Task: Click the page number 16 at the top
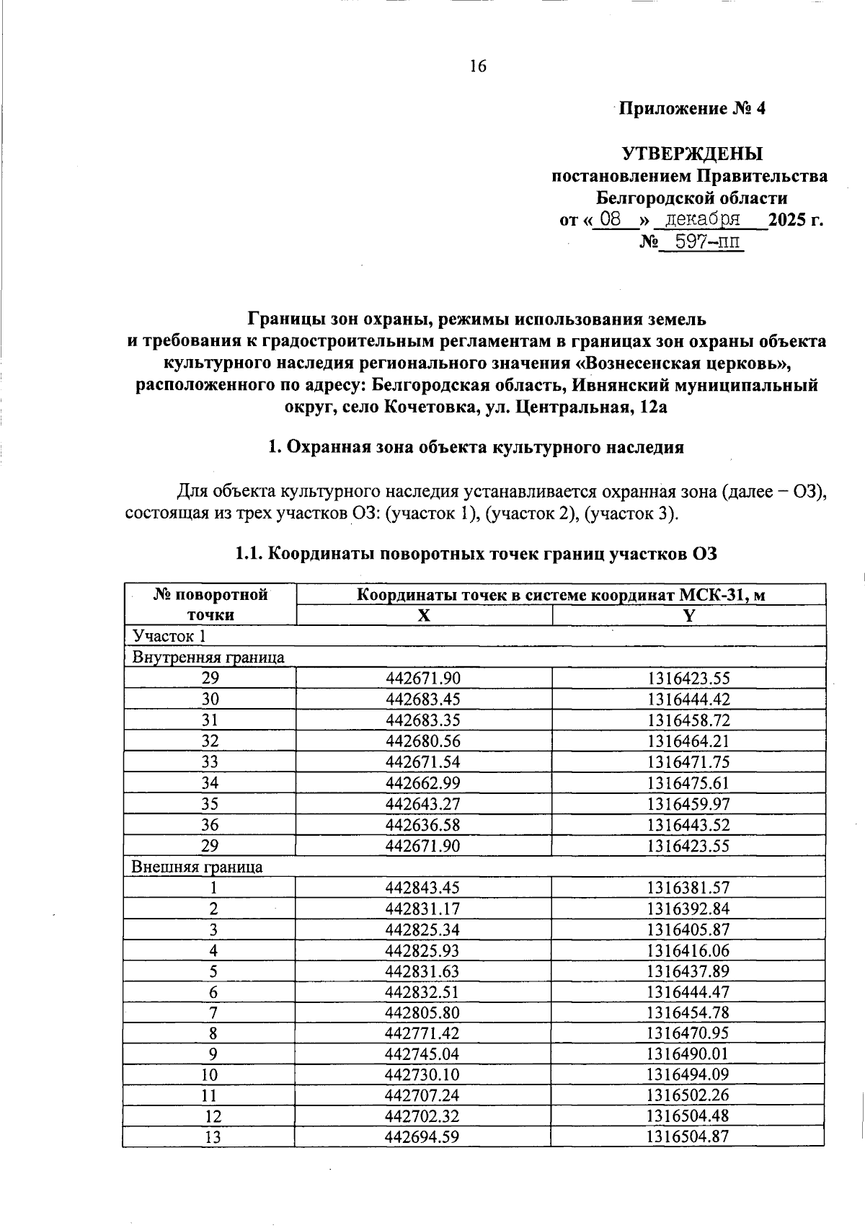(x=478, y=66)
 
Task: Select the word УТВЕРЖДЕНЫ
(x=692, y=154)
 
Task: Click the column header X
(x=425, y=616)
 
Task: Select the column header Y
(x=688, y=616)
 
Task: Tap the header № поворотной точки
(x=210, y=604)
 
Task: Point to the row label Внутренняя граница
(x=208, y=658)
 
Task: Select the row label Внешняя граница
(x=197, y=867)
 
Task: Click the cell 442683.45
(x=423, y=699)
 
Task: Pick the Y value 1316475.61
(x=688, y=783)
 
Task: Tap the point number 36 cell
(x=210, y=825)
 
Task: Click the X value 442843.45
(x=423, y=888)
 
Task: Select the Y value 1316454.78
(x=688, y=1013)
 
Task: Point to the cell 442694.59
(x=423, y=1139)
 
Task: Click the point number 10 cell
(x=210, y=1075)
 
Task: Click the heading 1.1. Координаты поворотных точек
(x=476, y=555)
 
